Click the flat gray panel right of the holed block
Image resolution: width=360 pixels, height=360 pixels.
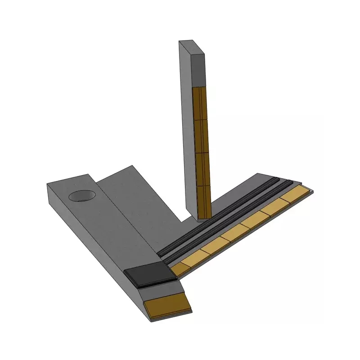tap(135, 202)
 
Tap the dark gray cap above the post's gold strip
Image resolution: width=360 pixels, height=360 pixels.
tap(198, 67)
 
